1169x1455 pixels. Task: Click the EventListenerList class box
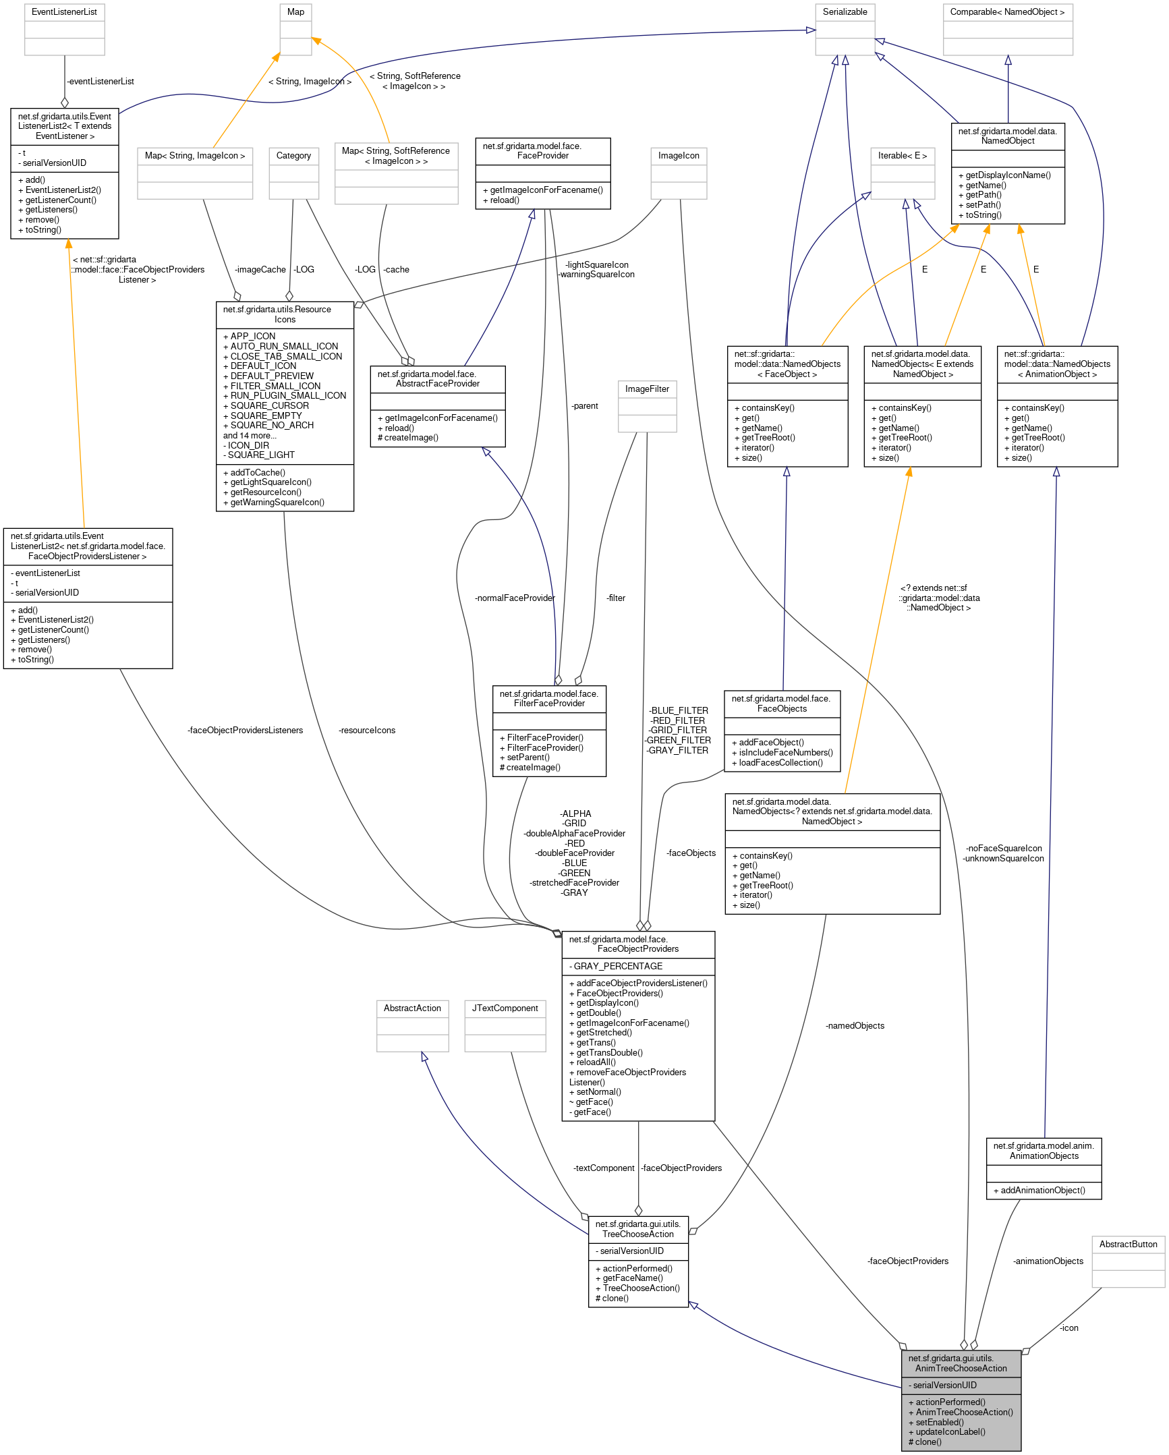coord(64,29)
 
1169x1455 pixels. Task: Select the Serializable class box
coord(845,29)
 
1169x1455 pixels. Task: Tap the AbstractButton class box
coord(1128,1261)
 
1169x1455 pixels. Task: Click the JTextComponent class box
coord(505,1025)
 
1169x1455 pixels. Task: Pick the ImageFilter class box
coord(647,405)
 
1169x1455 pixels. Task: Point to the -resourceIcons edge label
coord(367,731)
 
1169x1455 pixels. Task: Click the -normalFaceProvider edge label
coord(514,598)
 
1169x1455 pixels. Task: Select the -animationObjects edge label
coord(1048,1261)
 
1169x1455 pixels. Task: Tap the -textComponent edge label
coord(604,1168)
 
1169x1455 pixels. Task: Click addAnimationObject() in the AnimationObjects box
coord(1043,1191)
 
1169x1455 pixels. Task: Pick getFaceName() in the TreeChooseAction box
coord(633,1278)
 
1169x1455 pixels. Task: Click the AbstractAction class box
coord(412,1025)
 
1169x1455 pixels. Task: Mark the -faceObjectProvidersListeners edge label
coord(246,731)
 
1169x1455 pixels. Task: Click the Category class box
coord(293,173)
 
